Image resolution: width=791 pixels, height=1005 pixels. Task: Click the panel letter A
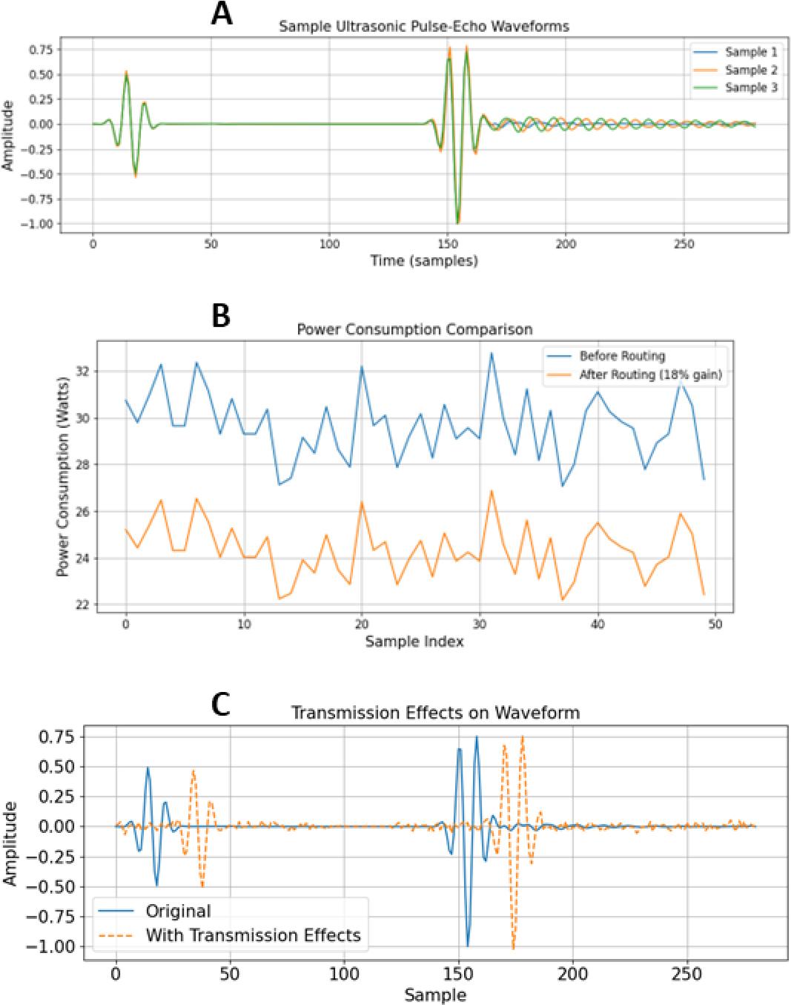(x=222, y=13)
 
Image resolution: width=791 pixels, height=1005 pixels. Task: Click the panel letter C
(x=222, y=705)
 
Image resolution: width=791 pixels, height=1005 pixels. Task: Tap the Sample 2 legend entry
(x=750, y=70)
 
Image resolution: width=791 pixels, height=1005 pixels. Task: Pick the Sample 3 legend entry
(x=750, y=88)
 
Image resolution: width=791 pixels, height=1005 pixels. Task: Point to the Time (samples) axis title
(x=424, y=260)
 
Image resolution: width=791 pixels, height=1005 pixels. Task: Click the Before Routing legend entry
(x=622, y=356)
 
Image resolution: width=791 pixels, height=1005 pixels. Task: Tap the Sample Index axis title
(x=414, y=642)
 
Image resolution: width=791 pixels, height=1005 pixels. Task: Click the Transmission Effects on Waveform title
(x=435, y=714)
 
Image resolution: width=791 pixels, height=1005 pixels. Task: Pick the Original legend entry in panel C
(x=178, y=912)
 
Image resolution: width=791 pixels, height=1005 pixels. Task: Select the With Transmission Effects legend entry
(x=253, y=935)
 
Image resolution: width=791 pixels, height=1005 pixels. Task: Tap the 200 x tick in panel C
(x=572, y=972)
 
